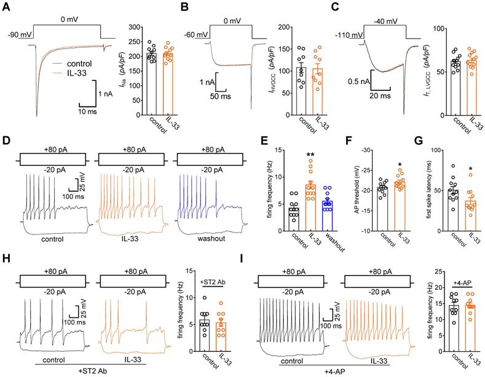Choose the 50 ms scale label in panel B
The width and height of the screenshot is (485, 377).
coord(220,97)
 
